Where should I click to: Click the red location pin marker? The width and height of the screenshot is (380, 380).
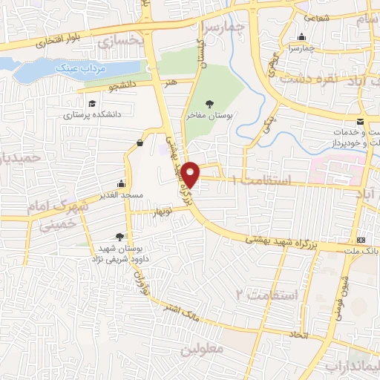(191, 174)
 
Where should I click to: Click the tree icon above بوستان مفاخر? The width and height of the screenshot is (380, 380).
(219, 103)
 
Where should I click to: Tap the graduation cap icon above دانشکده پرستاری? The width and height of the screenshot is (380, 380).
(91, 104)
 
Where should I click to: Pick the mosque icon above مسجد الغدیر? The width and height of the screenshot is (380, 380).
(121, 184)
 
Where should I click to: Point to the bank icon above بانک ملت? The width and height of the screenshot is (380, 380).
(361, 240)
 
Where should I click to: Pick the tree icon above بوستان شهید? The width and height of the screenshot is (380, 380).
(120, 236)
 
